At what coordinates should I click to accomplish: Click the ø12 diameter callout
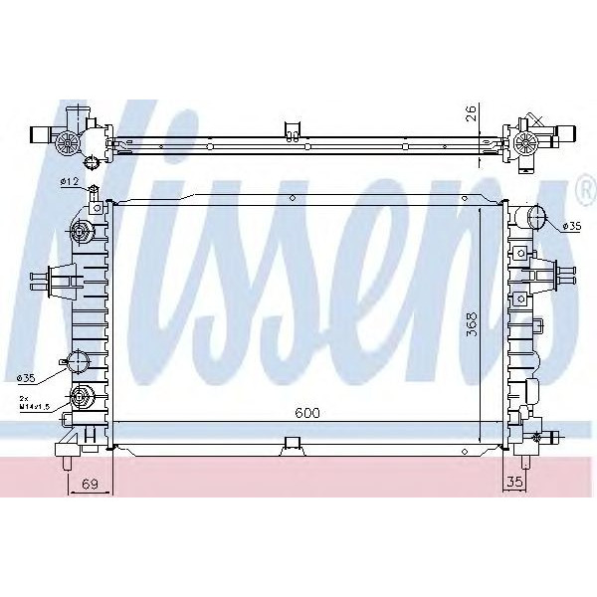coord(69,181)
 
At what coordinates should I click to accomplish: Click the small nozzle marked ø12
coord(95,191)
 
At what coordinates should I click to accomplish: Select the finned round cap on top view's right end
coord(526,146)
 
